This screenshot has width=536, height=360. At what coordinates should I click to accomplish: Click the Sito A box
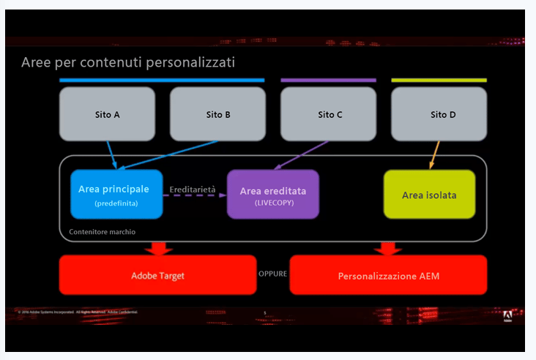coord(107,114)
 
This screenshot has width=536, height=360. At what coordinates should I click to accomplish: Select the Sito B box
coord(217,114)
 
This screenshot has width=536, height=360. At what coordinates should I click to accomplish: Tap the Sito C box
coord(329,114)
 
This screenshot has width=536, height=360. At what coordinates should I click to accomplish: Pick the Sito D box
coord(439,114)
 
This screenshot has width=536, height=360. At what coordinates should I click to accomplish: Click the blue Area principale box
coord(116,194)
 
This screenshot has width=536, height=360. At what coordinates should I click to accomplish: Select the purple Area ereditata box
coord(273,195)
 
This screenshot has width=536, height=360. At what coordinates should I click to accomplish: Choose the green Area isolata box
coord(429,195)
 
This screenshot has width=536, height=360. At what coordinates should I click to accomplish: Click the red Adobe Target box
coord(157,275)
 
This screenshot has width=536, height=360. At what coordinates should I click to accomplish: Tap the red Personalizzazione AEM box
coord(388,275)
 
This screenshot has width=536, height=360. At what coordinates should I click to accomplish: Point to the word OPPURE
coord(273,273)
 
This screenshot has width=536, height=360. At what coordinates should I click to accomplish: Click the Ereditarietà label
coord(193,190)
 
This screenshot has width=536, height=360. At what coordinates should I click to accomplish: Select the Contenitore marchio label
coord(102,232)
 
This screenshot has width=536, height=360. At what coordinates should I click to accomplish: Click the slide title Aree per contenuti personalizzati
coord(128,62)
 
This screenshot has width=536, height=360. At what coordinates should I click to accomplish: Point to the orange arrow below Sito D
coord(433,155)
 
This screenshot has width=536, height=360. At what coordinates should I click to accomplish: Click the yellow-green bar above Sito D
coord(439,80)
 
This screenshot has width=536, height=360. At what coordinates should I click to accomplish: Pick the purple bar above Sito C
coord(328,80)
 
